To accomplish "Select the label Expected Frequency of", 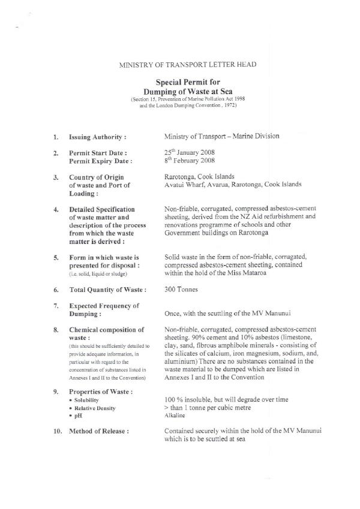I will (x=104, y=306).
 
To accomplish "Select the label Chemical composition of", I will (x=106, y=330).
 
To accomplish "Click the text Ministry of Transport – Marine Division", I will (x=221, y=137).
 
